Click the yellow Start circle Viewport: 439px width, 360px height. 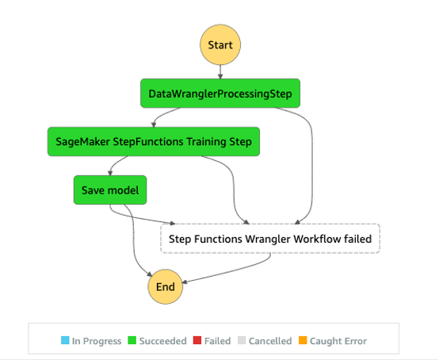click(x=219, y=44)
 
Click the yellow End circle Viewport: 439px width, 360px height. click(x=165, y=286)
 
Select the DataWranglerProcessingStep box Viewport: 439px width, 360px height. click(x=219, y=94)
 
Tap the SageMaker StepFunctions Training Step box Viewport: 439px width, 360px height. click(x=154, y=142)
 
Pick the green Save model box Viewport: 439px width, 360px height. click(x=110, y=190)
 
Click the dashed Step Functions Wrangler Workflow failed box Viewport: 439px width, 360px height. click(x=270, y=238)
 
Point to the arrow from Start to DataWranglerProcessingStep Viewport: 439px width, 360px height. click(x=219, y=71)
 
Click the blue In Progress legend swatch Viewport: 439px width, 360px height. click(x=65, y=341)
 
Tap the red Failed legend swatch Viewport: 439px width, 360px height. click(x=197, y=341)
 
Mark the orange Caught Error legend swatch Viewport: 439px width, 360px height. click(x=304, y=341)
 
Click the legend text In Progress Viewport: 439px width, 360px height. click(x=97, y=341)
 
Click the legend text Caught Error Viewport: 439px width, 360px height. click(x=339, y=341)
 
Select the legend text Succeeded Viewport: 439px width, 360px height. click(x=162, y=341)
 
